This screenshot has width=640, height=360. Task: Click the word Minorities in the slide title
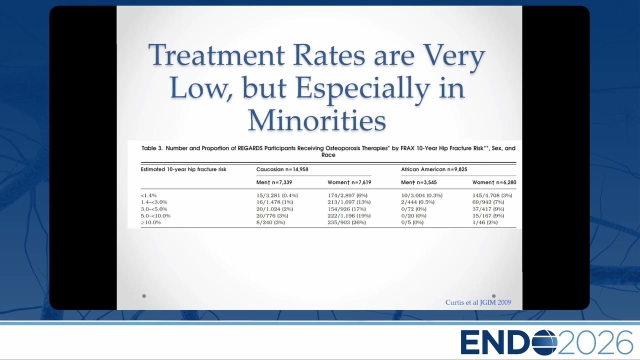317,120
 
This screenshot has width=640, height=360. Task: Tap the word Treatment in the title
216,54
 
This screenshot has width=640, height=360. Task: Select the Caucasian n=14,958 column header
282,169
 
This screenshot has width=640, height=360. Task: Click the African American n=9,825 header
434,169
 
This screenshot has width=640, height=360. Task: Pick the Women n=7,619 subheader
349,182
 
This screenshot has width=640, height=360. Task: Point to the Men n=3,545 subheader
419,182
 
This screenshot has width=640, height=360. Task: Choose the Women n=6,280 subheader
494,182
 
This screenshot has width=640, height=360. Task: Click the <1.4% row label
148,195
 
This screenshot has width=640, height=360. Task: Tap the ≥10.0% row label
150,222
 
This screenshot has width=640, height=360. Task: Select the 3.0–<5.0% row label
154,209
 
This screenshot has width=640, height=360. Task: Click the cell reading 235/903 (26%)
346,222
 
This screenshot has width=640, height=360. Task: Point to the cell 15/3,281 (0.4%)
277,195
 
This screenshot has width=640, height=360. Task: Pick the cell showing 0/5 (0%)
412,222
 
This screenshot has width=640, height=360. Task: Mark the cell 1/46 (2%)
485,222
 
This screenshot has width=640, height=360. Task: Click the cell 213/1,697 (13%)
349,202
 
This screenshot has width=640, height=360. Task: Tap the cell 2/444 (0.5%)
417,202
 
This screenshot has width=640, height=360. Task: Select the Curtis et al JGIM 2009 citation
478,302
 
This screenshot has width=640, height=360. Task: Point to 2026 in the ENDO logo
595,342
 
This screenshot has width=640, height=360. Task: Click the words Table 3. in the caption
152,148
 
